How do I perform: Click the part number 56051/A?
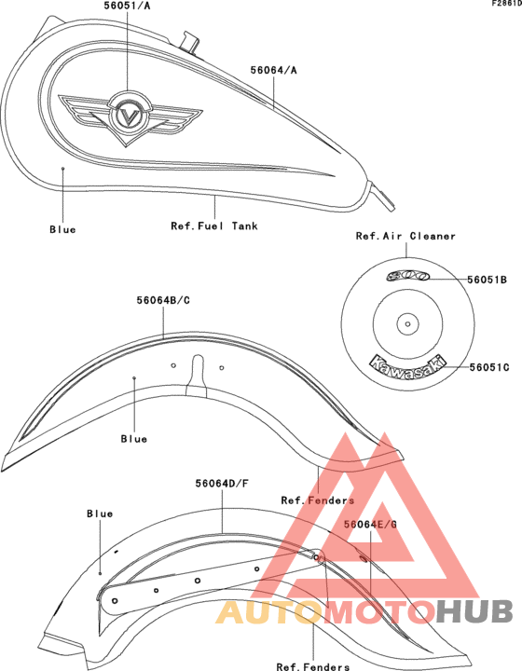127,6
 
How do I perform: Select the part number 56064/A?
273,70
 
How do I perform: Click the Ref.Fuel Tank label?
214,226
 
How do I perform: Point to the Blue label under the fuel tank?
62,229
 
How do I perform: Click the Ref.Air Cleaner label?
405,236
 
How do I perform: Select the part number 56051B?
487,280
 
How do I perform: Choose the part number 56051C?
489,367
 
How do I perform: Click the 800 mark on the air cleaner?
407,277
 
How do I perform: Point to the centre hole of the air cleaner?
407,324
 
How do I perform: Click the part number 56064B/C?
163,300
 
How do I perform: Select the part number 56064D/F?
222,484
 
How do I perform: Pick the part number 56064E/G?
371,524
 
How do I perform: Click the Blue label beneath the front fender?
134,439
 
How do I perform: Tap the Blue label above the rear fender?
100,514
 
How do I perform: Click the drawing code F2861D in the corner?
506,4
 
